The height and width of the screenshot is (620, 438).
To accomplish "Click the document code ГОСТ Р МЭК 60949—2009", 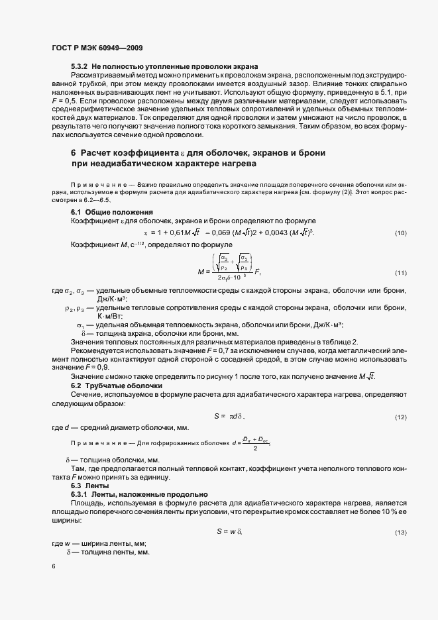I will pyautogui.click(x=97, y=48).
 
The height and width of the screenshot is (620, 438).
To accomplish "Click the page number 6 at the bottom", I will pyautogui.click(x=52, y=567).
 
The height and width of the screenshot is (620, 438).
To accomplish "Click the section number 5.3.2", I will pyautogui.click(x=80, y=68).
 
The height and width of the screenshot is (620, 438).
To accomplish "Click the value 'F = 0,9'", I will pyautogui.click(x=95, y=367).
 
